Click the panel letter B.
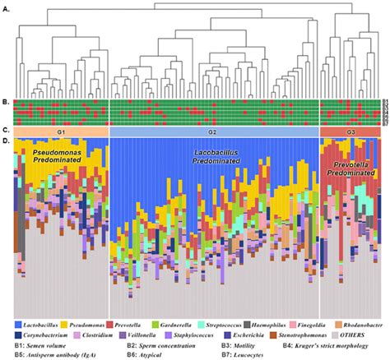click(x=7, y=103)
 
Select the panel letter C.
click(x=7, y=131)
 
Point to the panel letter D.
click(x=7, y=141)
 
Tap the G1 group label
click(x=61, y=131)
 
